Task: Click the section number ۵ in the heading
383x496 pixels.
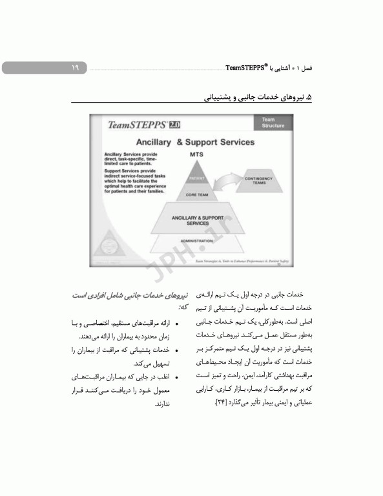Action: tap(308, 98)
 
